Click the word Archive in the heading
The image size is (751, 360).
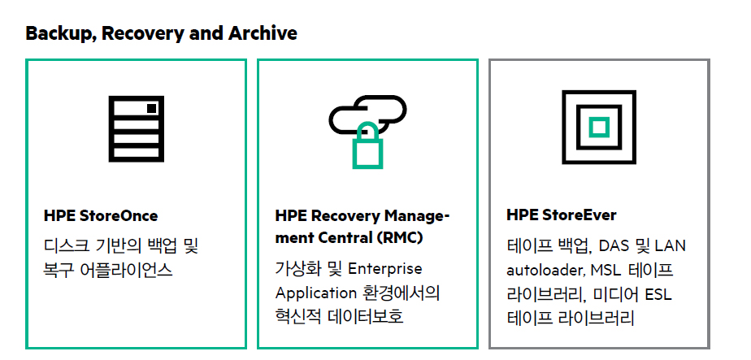(263, 33)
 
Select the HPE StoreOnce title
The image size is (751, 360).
(101, 216)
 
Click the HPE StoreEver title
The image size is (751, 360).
(562, 215)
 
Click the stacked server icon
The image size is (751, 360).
(137, 128)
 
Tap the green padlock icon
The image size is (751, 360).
(368, 145)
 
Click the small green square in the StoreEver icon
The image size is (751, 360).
(599, 127)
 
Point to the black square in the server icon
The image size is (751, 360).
(151, 109)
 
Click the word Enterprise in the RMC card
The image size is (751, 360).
(385, 268)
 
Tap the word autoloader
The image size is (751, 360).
(545, 271)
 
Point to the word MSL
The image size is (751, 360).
(606, 270)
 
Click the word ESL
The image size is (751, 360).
(658, 294)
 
